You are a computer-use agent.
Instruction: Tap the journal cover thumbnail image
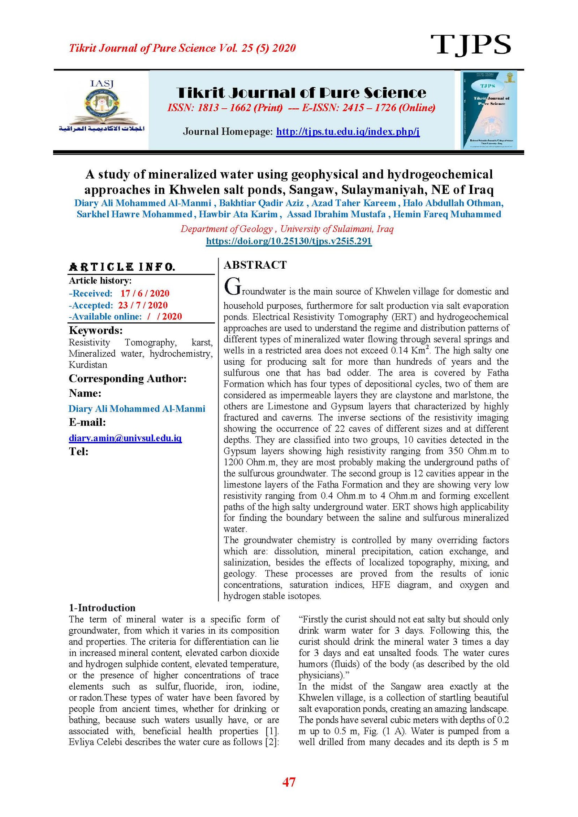click(x=488, y=110)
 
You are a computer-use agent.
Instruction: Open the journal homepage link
click(x=348, y=131)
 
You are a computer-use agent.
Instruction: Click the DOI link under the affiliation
click(x=289, y=241)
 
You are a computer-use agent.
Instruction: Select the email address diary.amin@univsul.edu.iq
click(x=125, y=438)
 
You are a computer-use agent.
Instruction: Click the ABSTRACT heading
click(x=255, y=265)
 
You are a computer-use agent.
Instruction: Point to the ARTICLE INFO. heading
click(x=122, y=267)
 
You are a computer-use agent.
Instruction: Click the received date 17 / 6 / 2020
click(x=144, y=293)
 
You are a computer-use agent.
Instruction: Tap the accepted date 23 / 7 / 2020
click(x=143, y=305)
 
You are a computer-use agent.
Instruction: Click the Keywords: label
click(x=96, y=330)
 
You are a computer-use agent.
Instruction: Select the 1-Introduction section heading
click(x=102, y=608)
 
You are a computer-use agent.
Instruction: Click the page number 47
click(x=289, y=782)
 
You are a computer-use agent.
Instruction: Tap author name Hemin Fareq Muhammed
click(x=447, y=214)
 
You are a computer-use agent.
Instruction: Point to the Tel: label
click(x=79, y=451)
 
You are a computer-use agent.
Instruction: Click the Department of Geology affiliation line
click(x=287, y=229)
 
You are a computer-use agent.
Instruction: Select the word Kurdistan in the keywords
click(x=88, y=365)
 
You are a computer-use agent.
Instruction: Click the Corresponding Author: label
click(x=128, y=378)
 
